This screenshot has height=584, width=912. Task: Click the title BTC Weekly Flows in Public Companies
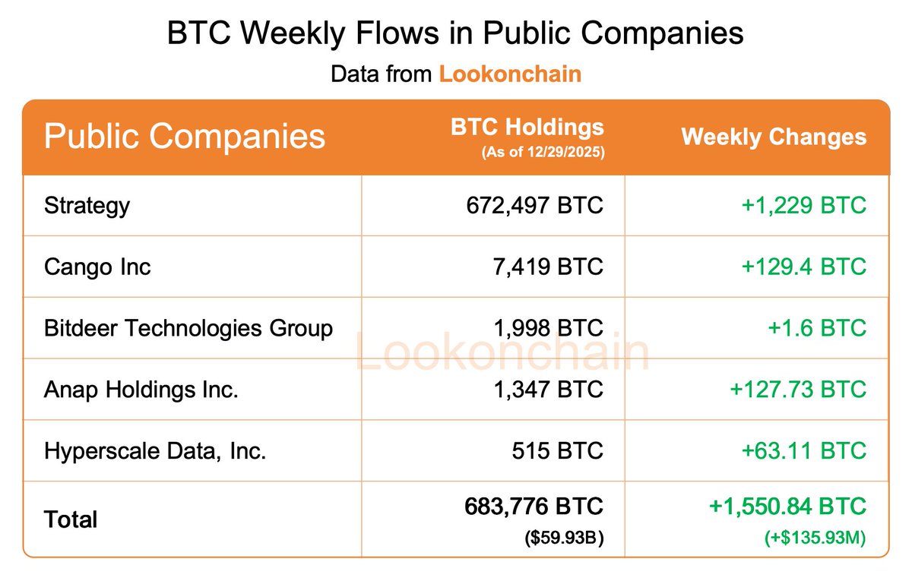click(x=455, y=34)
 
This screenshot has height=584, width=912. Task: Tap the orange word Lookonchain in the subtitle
click(x=510, y=74)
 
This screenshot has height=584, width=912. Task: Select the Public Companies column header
click(x=185, y=137)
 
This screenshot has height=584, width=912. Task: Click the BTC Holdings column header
click(x=527, y=127)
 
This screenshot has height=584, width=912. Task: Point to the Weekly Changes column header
click(x=774, y=137)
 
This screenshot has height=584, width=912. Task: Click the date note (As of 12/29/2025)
click(x=543, y=152)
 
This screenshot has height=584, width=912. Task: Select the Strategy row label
click(x=87, y=205)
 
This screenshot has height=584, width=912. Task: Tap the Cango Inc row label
click(x=97, y=267)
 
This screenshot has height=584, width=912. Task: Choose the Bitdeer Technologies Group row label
click(x=188, y=328)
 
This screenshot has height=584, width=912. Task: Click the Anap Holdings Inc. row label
click(x=141, y=390)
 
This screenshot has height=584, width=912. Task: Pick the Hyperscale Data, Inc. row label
click(x=155, y=451)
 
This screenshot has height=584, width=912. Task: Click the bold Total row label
click(x=71, y=519)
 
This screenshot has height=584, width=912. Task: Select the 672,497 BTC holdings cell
click(x=535, y=205)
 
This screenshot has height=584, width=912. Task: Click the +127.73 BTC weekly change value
click(x=798, y=390)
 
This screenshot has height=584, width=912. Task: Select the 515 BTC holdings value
click(x=557, y=451)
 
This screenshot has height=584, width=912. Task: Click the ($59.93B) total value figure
click(x=565, y=539)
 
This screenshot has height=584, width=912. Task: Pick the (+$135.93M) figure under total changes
click(x=815, y=539)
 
